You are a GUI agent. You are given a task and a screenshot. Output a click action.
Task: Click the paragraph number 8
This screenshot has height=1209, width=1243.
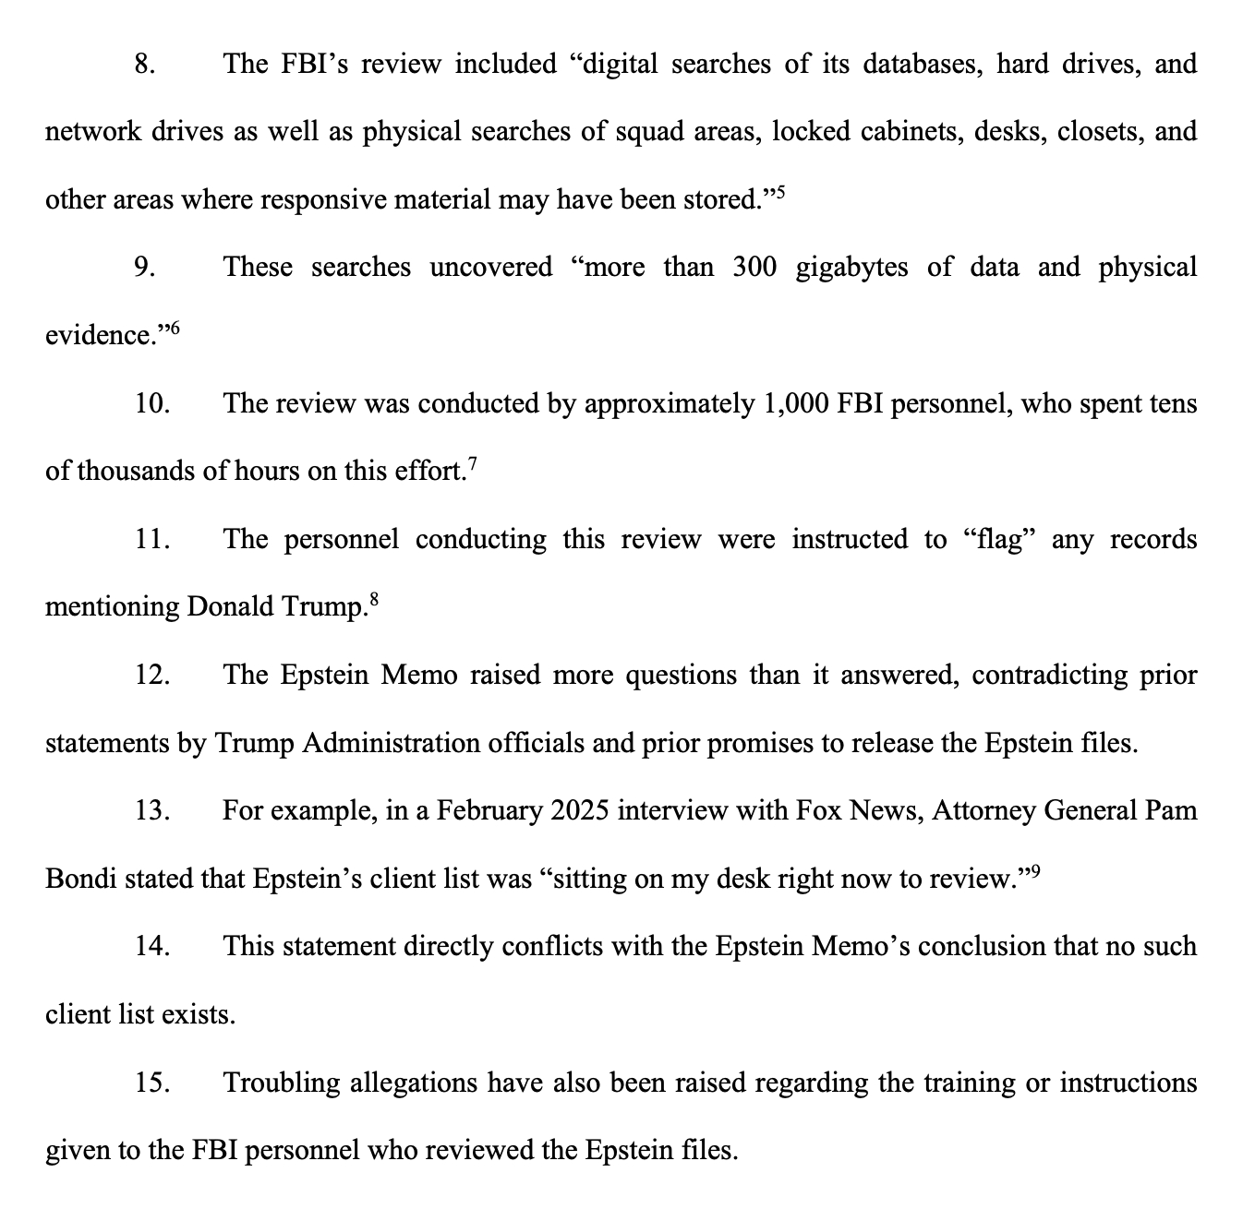pyautogui.click(x=144, y=65)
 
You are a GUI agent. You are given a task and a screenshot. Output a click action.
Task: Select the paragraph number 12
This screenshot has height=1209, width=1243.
pyautogui.click(x=151, y=676)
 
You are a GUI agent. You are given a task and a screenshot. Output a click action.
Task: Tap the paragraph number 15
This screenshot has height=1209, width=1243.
pyautogui.click(x=151, y=1083)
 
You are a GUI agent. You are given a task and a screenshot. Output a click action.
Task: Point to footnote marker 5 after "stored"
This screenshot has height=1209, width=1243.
pyautogui.click(x=779, y=192)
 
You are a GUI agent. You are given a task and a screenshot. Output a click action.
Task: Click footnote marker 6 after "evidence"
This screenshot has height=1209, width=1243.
pyautogui.click(x=175, y=328)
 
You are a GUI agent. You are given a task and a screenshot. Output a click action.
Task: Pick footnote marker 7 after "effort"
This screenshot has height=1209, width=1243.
pyautogui.click(x=472, y=463)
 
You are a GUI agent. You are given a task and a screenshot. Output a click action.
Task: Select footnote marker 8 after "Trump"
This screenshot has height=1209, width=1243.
pyautogui.click(x=373, y=599)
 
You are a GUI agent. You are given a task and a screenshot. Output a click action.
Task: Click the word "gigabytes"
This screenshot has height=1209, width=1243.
pyautogui.click(x=851, y=268)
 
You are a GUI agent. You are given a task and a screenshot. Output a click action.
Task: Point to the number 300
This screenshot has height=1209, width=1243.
pyautogui.click(x=755, y=268)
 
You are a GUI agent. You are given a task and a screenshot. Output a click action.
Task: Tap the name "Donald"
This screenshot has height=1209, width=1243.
pyautogui.click(x=230, y=607)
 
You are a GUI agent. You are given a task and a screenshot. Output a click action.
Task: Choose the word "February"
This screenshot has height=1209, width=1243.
pyautogui.click(x=489, y=811)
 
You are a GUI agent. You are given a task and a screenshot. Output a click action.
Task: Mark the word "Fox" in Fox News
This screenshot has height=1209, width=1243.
pyautogui.click(x=816, y=811)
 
